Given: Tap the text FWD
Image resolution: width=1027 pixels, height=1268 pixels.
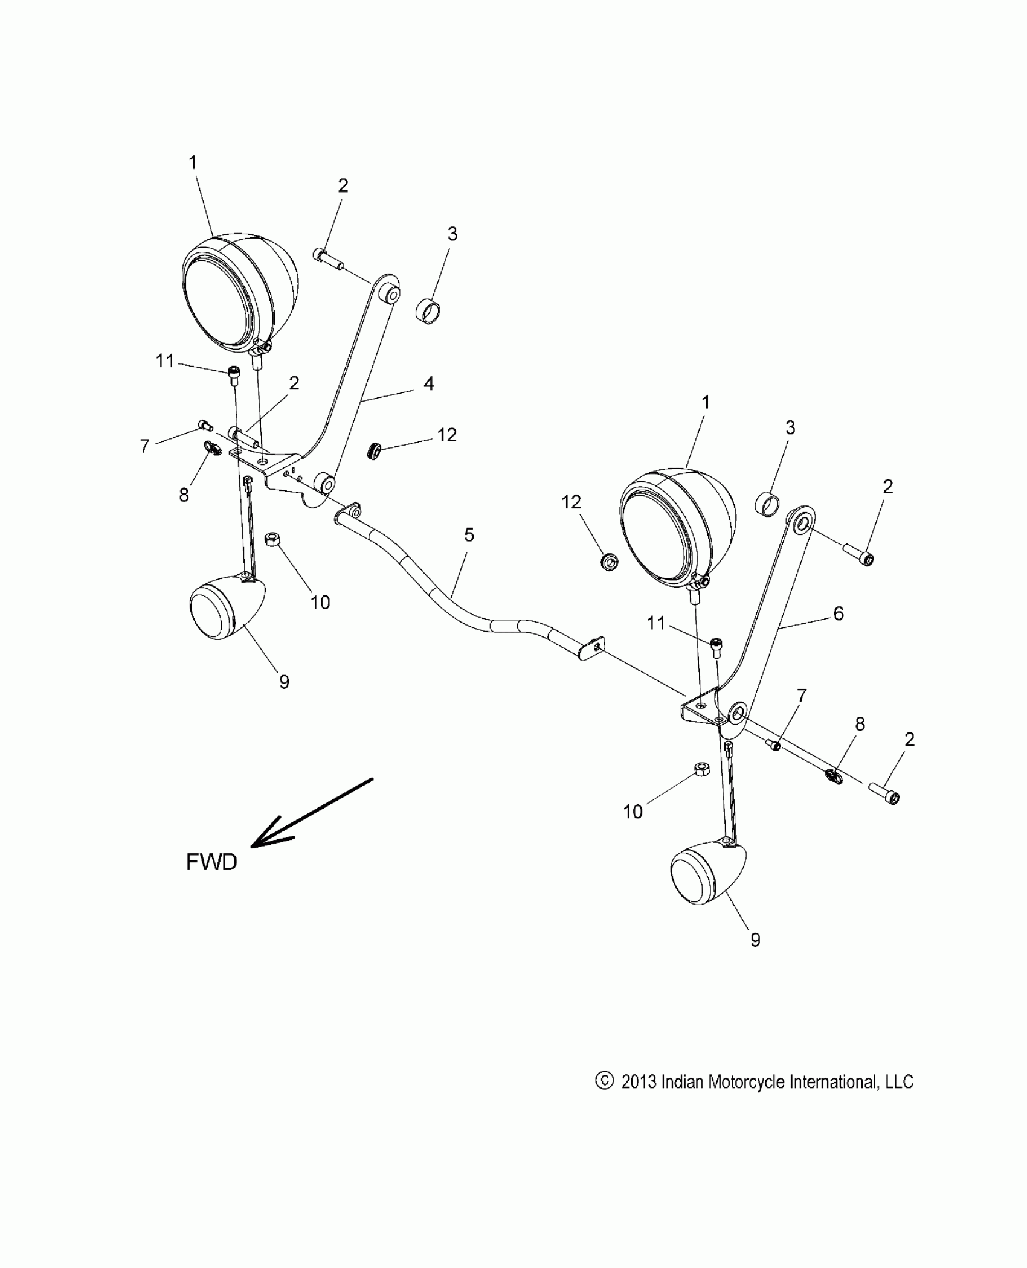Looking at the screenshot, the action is pyautogui.click(x=211, y=862).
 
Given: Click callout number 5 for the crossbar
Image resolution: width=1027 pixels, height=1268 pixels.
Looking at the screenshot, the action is pyautogui.click(x=469, y=535).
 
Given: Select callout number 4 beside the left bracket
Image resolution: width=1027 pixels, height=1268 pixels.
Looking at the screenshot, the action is pyautogui.click(x=428, y=383).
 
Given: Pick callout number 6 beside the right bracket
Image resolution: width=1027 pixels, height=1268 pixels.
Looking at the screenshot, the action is pyautogui.click(x=838, y=613).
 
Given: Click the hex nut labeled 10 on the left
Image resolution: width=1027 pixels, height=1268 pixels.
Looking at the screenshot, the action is pyautogui.click(x=271, y=538).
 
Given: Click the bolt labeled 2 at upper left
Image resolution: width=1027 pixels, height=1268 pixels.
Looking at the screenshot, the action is pyautogui.click(x=327, y=258).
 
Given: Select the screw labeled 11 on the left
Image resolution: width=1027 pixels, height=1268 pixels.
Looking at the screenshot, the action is pyautogui.click(x=233, y=374).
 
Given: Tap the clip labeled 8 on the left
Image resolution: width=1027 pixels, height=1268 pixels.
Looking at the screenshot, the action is pyautogui.click(x=213, y=448).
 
